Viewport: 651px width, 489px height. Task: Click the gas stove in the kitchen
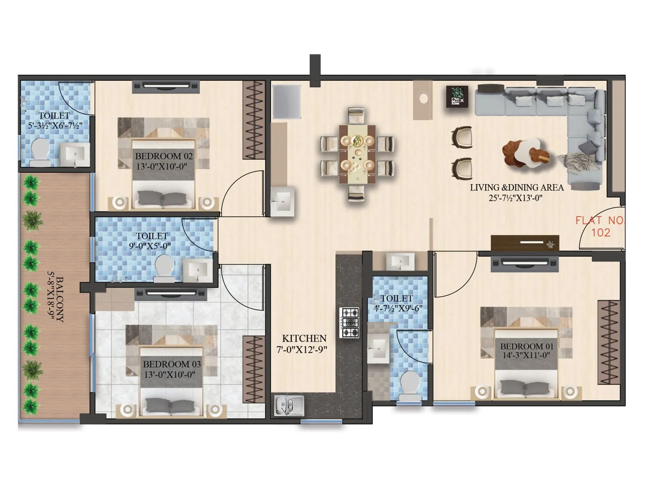point(350,323)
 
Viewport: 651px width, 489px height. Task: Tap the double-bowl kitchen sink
point(288,405)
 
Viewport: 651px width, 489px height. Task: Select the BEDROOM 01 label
point(526,346)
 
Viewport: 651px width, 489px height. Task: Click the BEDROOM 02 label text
point(164,156)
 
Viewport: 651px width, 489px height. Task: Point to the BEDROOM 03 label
point(172,364)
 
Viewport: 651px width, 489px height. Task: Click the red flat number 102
point(601,233)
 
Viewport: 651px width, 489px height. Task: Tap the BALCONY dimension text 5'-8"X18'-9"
point(52,299)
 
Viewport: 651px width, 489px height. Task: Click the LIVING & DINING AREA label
point(517,187)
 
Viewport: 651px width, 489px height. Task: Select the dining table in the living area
point(357,153)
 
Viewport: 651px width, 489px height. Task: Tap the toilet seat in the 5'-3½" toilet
point(40,150)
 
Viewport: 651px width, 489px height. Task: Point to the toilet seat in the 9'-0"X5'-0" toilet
point(164,267)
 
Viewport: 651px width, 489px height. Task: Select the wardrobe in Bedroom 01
point(608,342)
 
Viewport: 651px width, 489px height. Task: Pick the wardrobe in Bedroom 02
point(254,120)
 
